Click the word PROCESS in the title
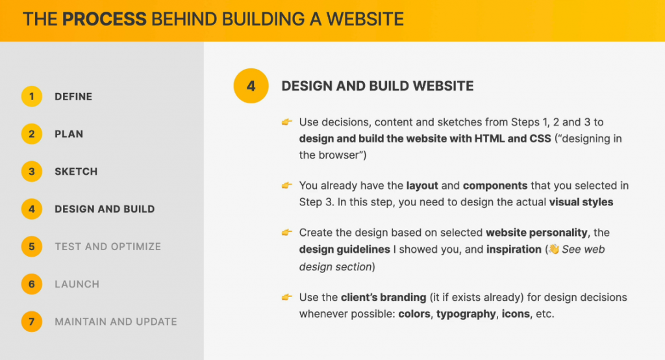[105, 19]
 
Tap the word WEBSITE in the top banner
[365, 19]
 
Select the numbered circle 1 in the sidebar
[31, 96]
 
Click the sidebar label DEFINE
[73, 97]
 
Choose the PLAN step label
[69, 134]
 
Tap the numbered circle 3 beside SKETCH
[31, 172]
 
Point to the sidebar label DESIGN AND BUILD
[105, 209]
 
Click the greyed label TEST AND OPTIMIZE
[108, 247]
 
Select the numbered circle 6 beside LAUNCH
[31, 284]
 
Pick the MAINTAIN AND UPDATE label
[116, 322]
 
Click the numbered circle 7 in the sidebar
[31, 322]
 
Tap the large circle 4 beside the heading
[251, 86]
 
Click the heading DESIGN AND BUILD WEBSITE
[377, 86]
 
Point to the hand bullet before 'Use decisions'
[287, 122]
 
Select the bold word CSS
[540, 139]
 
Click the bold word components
[496, 186]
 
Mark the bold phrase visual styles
[581, 202]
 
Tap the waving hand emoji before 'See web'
[554, 249]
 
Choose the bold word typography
[466, 314]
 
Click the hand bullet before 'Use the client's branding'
[287, 297]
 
